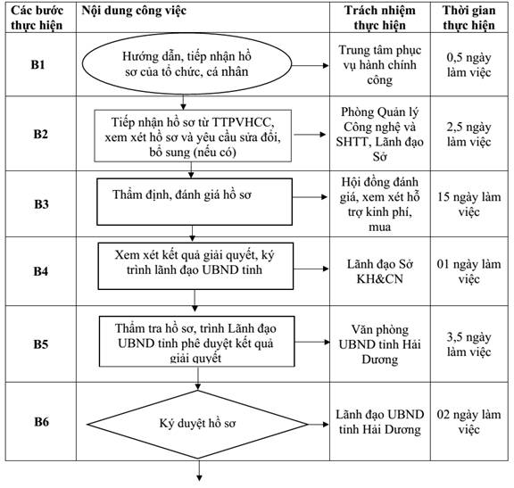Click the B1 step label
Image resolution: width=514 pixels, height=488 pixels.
coord(37,64)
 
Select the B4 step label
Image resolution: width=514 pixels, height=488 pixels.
coord(41,271)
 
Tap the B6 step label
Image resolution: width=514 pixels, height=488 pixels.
coord(41,421)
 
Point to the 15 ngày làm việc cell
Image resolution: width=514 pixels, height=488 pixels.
coord(468,204)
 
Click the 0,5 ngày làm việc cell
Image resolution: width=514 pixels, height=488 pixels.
coord(468,64)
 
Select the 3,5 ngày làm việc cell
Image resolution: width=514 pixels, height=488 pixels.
coord(468,344)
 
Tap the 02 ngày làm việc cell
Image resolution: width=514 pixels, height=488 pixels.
coord(468,422)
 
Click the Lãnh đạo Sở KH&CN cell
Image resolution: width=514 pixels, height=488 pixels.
coord(379,271)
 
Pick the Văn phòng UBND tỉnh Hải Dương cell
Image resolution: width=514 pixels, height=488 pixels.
coord(379,344)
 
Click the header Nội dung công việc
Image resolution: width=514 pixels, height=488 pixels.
coord(134,11)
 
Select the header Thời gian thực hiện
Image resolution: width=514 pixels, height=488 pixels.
coord(468,18)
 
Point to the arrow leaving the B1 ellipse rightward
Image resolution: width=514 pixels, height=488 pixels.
coord(311,65)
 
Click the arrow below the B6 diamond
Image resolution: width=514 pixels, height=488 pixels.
coord(198,471)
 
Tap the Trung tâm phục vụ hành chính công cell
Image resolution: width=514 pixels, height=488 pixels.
coord(379,64)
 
